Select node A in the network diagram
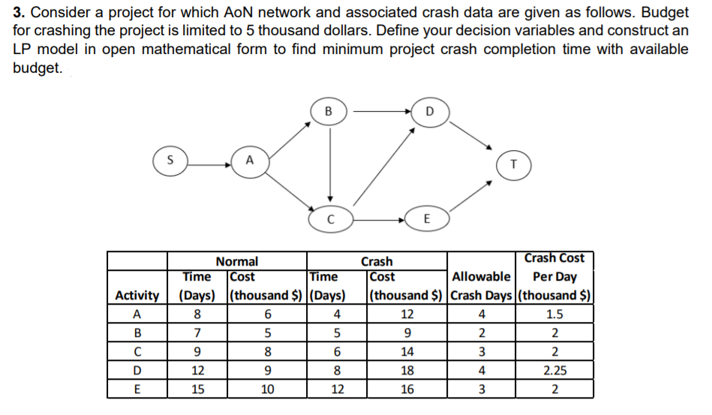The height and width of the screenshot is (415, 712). click(249, 159)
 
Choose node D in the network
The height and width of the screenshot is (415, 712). click(429, 112)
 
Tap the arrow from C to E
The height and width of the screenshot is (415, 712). click(378, 219)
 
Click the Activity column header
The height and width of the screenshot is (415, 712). click(137, 296)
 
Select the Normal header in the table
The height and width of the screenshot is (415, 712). click(236, 261)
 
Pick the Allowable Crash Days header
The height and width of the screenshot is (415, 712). click(482, 286)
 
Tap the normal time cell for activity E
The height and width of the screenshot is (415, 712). click(197, 389)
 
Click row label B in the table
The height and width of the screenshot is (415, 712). click(137, 333)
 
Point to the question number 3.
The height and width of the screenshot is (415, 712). click(18, 13)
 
